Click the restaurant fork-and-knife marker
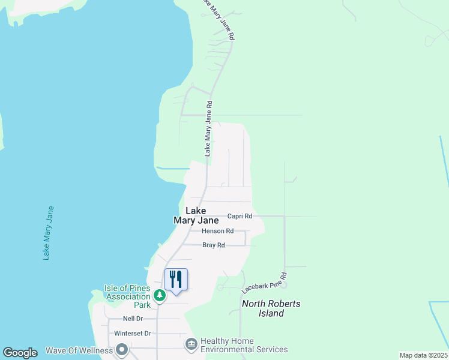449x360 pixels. click(176, 280)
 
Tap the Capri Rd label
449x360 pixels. click(240, 216)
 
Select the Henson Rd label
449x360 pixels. click(217, 231)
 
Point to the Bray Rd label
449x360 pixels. click(213, 245)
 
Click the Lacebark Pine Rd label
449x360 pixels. click(262, 280)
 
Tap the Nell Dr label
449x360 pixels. click(133, 319)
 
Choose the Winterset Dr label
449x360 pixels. click(132, 334)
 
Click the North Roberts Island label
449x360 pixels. click(271, 308)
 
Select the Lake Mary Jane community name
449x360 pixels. click(196, 215)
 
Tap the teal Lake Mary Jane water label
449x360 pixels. click(48, 233)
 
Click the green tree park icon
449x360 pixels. click(159, 295)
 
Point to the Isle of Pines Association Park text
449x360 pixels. click(127, 292)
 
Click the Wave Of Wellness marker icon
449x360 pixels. click(122, 350)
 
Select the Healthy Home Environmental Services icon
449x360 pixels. click(191, 344)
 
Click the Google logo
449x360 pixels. click(20, 353)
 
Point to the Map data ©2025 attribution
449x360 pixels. click(423, 355)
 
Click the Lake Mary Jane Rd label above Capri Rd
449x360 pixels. click(208, 128)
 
